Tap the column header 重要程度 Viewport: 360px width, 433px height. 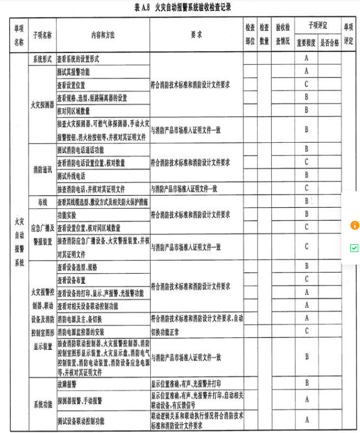[x=306, y=43]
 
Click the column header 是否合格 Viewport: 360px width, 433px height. [x=329, y=43]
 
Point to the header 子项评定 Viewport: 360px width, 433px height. [x=317, y=26]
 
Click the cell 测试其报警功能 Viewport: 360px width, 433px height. [x=73, y=72]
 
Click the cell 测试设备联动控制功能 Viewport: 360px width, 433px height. [x=80, y=421]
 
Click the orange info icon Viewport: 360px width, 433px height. [x=355, y=225]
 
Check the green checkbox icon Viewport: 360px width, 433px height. [x=354, y=248]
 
